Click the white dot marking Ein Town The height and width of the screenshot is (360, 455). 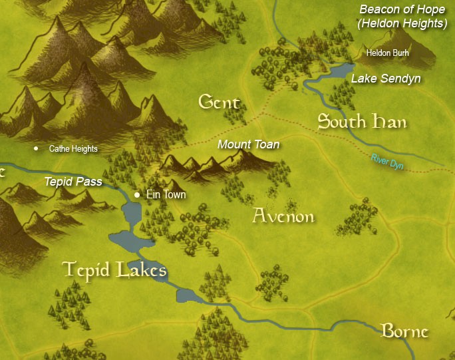tap(137, 195)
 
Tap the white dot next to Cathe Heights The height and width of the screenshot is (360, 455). tap(36, 148)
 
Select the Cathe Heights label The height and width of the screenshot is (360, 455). tap(73, 149)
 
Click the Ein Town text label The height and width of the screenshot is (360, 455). tap(166, 195)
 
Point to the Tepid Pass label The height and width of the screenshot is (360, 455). tap(73, 181)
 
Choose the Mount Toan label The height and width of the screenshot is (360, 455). tap(248, 144)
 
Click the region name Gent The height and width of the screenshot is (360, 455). tap(219, 102)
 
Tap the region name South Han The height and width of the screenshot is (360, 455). tap(362, 122)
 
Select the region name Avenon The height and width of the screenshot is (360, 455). tap(283, 216)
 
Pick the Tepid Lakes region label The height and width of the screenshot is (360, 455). tap(114, 270)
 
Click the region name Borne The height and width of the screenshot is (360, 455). tap(404, 331)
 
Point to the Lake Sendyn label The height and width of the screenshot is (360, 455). tap(386, 79)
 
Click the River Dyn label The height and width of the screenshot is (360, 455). tap(388, 161)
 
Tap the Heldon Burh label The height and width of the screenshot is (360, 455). tap(388, 52)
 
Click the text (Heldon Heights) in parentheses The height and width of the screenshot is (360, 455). tap(402, 23)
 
